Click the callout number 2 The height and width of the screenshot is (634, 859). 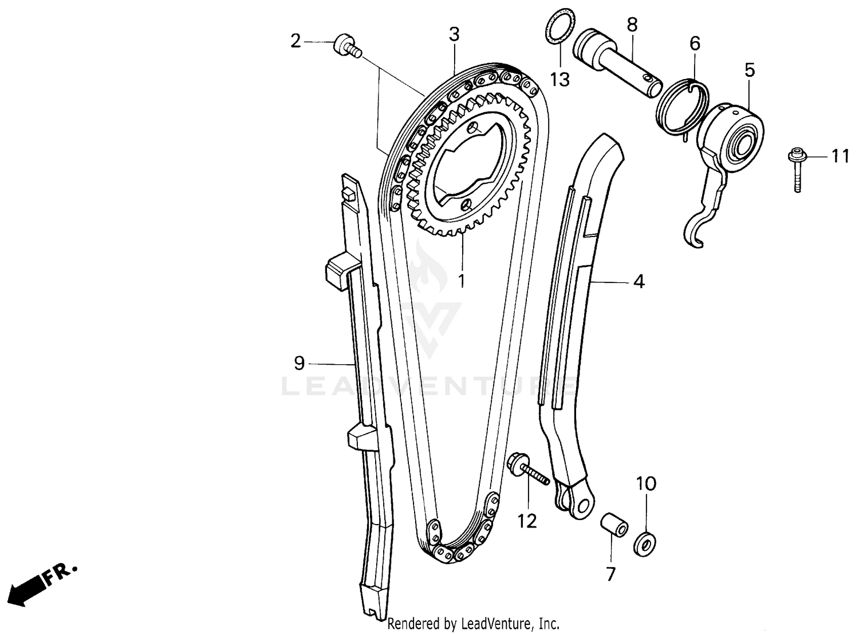tap(295, 41)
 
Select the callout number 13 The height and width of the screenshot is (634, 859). tap(559, 80)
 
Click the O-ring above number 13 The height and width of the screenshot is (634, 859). tap(558, 25)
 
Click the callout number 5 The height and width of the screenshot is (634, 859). tap(750, 70)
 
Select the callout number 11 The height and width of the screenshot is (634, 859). tap(840, 156)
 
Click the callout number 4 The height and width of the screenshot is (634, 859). tap(639, 281)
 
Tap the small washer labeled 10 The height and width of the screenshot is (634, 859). tap(645, 542)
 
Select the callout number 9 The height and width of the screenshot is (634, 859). tap(299, 363)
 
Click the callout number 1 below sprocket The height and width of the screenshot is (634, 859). tap(461, 281)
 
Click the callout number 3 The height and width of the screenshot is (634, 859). tap(454, 34)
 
